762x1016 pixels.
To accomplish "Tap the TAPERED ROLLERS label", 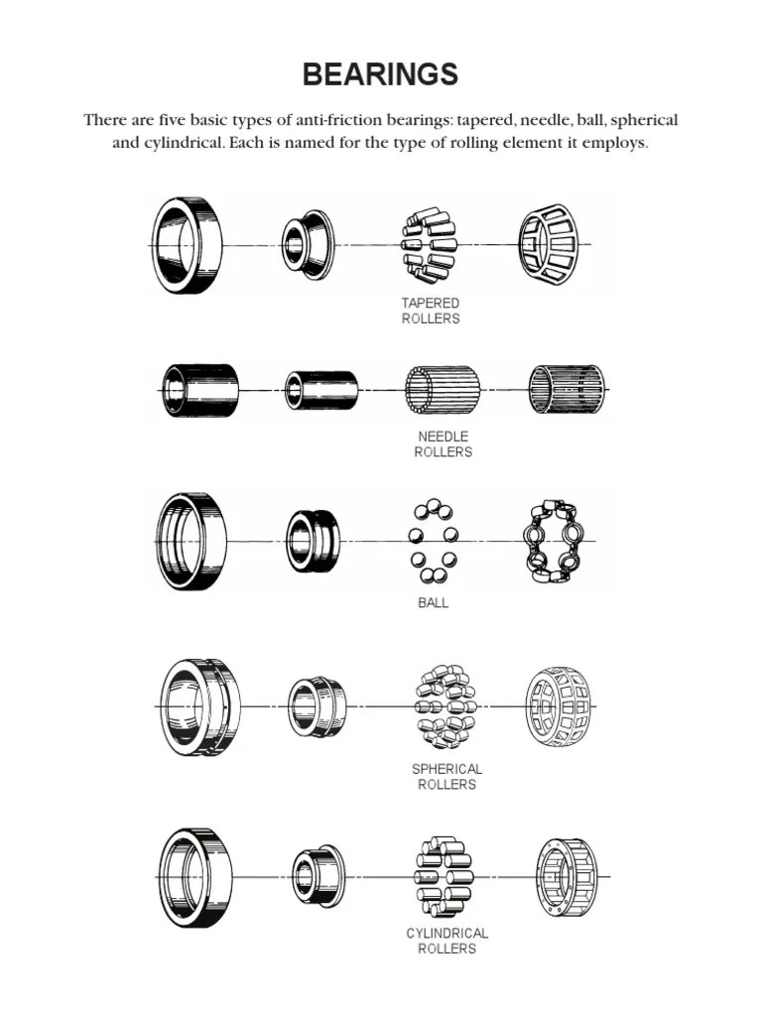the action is point(431,311).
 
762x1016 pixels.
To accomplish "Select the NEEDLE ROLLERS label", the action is point(444,444).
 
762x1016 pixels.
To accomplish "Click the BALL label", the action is point(433,602).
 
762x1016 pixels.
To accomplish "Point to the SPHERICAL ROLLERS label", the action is point(447,777).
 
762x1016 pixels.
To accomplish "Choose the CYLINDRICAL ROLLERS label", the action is point(447,941).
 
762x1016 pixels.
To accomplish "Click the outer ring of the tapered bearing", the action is point(159,245).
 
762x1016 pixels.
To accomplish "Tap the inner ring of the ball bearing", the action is point(291,541).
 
